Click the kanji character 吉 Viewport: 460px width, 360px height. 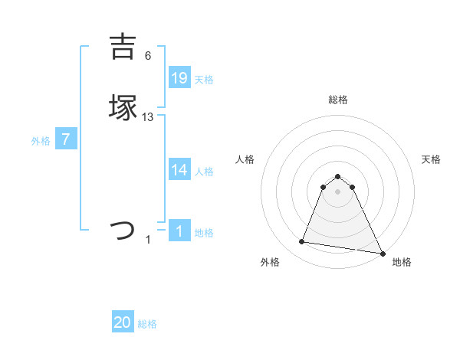123,47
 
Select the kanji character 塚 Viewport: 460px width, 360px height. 123,107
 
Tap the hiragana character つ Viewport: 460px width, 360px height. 123,229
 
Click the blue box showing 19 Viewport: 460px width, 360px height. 179,77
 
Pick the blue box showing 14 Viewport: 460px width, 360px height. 179,170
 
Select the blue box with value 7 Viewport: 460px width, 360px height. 67,140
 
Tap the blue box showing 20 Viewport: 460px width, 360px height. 123,322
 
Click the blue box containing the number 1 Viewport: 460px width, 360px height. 179,231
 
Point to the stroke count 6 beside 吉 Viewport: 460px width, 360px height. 148,56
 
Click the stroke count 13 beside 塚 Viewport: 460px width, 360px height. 148,117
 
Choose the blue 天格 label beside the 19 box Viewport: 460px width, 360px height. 204,79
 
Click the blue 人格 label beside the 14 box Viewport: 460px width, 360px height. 204,172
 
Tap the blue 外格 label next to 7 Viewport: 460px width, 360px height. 41,141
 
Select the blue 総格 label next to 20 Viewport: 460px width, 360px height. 147,324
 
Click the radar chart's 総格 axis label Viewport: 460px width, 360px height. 338,100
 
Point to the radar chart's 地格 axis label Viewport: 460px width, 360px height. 402,263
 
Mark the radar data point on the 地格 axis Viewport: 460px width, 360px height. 383,254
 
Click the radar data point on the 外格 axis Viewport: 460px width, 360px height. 302,242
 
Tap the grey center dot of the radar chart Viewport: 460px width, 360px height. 338,191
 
